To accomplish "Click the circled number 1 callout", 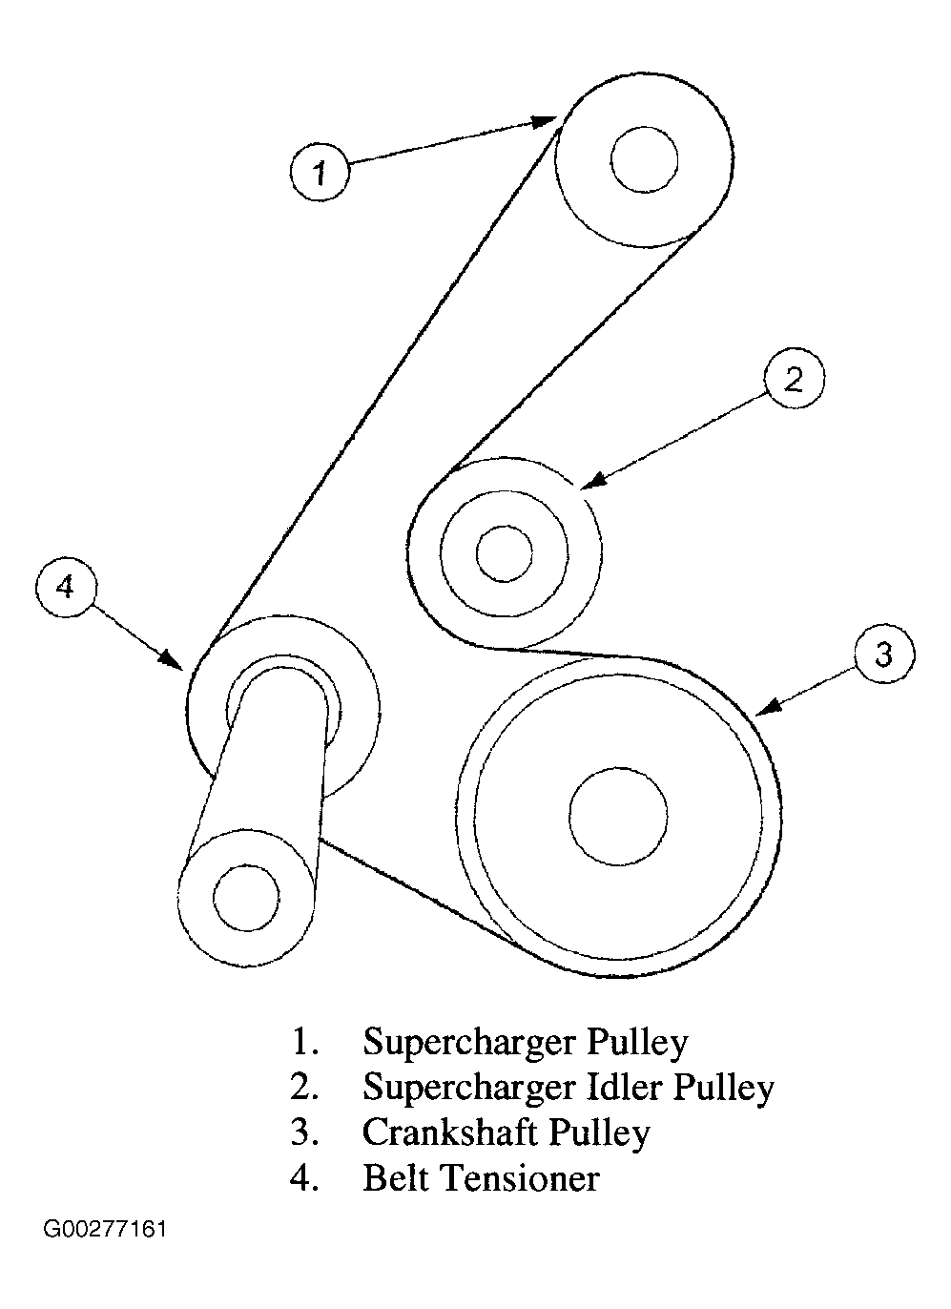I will pos(320,172).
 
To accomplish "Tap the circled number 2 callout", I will pos(794,379).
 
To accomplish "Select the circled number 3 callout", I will pos(883,655).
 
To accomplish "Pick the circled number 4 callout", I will pos(65,587).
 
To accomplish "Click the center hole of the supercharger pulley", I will pos(645,160).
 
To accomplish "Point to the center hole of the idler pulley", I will pos(504,553).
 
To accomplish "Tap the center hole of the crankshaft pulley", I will pos(618,814).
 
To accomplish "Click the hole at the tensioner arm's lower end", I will pos(247,898).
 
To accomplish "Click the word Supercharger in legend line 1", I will pos(467,1042).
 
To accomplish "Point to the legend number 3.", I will pos(303,1132).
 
